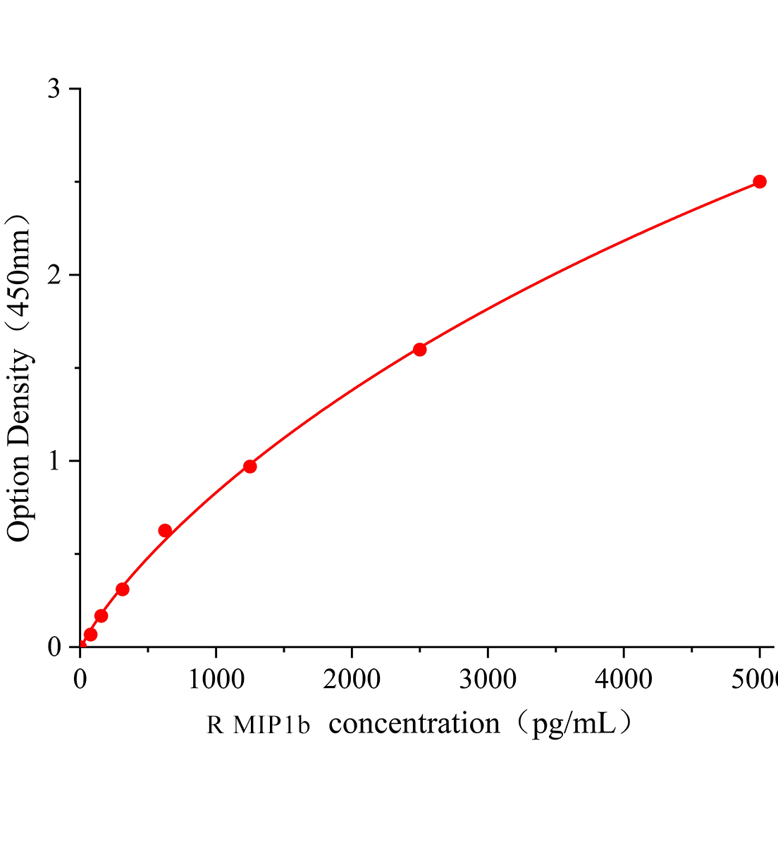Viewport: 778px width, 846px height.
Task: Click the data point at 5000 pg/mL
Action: [x=759, y=182]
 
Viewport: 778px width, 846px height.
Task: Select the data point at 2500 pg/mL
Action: [x=419, y=350]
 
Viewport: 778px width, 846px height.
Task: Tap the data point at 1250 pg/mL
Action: [x=249, y=467]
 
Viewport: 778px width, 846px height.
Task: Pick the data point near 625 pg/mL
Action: [x=165, y=531]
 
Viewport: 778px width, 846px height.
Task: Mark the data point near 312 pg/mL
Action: [x=123, y=589]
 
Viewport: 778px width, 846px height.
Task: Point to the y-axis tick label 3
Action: [x=54, y=89]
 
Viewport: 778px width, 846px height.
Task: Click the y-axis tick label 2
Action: [x=54, y=275]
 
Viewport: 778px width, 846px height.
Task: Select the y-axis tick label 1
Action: [x=54, y=461]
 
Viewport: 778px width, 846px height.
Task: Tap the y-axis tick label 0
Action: [x=54, y=647]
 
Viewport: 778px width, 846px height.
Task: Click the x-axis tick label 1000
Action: [x=216, y=680]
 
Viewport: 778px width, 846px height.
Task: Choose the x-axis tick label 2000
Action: [x=352, y=680]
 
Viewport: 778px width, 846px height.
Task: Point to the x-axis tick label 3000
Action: [x=488, y=680]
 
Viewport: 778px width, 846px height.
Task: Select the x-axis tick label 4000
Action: [x=623, y=680]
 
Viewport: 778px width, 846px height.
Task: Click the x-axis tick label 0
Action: [x=80, y=680]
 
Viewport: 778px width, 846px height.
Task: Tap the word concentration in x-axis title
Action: [x=414, y=724]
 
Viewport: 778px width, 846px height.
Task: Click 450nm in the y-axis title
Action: [x=20, y=271]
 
